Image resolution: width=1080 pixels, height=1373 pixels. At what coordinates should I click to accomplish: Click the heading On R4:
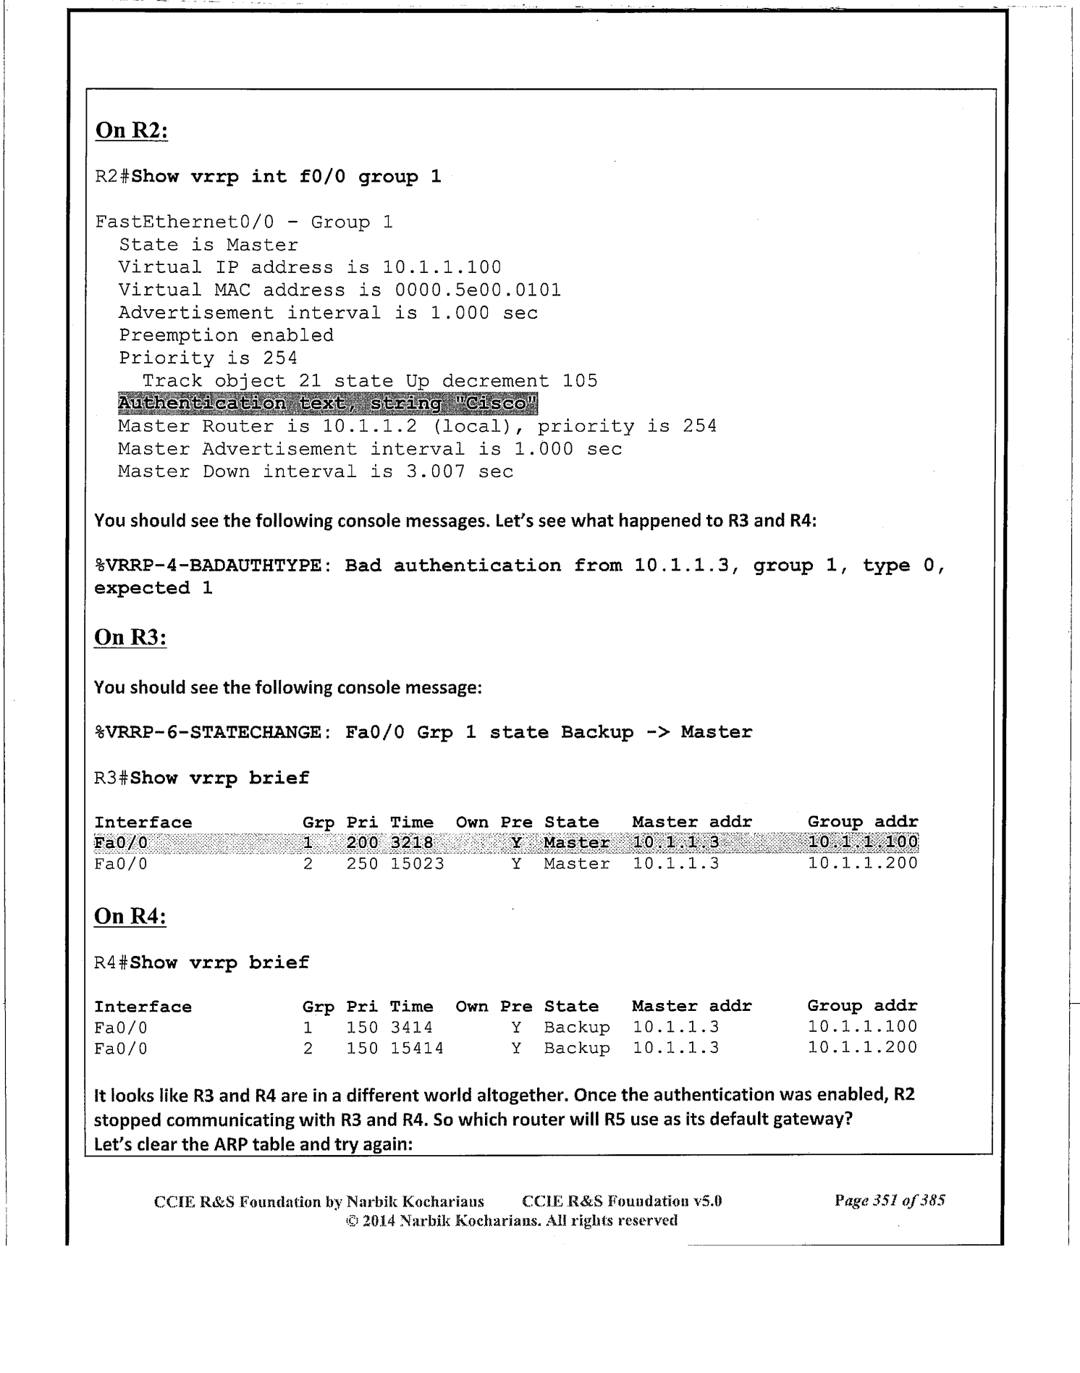click(x=130, y=916)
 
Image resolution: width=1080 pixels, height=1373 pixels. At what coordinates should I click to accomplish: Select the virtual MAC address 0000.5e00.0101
click(x=478, y=290)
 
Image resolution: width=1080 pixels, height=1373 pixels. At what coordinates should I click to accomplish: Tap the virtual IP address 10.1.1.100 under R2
click(x=442, y=267)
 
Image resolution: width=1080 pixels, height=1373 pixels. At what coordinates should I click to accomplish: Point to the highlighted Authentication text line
click(x=327, y=403)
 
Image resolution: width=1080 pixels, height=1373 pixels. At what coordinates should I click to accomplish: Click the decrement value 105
click(x=580, y=381)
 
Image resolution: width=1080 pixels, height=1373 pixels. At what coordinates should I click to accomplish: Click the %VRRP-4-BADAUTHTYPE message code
click(x=208, y=566)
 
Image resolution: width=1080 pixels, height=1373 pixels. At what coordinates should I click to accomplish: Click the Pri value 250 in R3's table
click(x=363, y=864)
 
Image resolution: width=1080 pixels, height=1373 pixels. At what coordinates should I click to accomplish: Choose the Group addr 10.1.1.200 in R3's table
click(x=863, y=864)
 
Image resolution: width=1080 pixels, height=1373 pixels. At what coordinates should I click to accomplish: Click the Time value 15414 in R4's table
click(x=417, y=1048)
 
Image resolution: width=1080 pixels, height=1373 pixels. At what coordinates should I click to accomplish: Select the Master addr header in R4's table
click(x=692, y=1007)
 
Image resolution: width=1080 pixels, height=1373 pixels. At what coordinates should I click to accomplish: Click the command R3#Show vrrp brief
click(x=202, y=778)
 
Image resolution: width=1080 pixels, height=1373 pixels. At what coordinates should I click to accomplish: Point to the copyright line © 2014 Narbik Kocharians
click(x=512, y=1220)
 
